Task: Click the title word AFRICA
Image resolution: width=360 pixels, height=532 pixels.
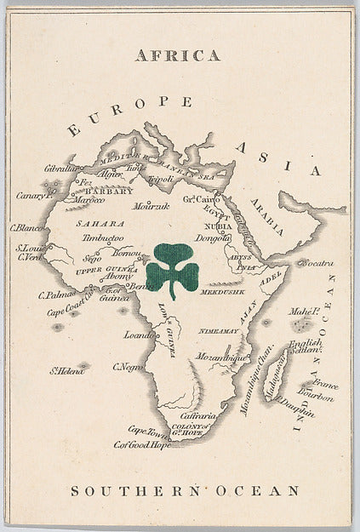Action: click(x=178, y=56)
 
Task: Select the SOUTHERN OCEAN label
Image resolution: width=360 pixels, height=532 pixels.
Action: click(x=185, y=491)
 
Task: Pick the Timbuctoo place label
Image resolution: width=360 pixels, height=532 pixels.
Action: click(x=103, y=239)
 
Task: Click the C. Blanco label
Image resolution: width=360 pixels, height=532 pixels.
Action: click(x=26, y=227)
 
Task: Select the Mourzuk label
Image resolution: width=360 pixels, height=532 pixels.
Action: click(x=151, y=206)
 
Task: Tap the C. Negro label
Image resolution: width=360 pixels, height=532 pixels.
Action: click(x=127, y=367)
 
